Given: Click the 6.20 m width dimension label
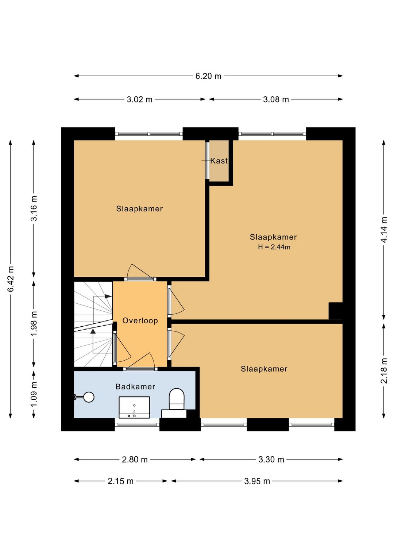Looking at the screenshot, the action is click(208, 76).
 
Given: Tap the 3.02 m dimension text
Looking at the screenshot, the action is click(139, 99).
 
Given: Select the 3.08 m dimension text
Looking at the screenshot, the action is click(276, 99).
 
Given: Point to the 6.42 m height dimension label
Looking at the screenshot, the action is click(11, 279).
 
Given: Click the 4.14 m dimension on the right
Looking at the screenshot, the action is click(384, 230).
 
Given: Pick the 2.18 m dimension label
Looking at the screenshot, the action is click(384, 371).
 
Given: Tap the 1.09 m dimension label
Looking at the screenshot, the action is click(34, 394).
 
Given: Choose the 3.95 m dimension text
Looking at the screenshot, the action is click(257, 481).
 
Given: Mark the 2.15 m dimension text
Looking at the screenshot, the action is click(120, 481).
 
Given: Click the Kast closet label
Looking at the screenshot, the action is click(219, 161).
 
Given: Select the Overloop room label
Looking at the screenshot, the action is click(140, 320).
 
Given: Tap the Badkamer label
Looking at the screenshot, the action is click(135, 387).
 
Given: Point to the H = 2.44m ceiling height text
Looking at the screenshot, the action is click(274, 247).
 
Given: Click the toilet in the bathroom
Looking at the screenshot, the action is click(177, 399).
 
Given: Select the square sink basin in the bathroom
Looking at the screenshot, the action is click(134, 407).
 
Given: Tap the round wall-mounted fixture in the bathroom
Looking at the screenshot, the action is click(89, 397).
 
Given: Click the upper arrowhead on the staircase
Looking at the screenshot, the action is click(108, 296).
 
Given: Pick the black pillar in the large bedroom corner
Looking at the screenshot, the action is click(336, 311).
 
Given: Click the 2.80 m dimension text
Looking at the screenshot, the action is click(135, 460).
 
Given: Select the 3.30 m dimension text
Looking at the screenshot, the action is click(271, 460).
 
